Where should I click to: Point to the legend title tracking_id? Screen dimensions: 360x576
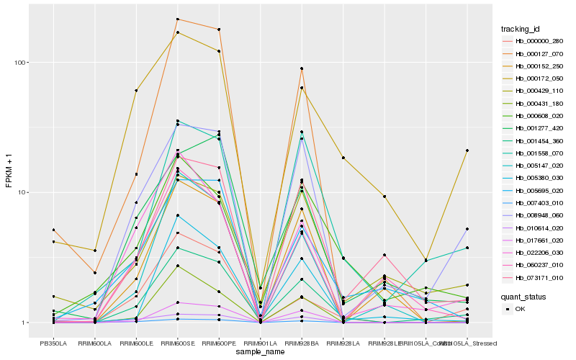coord(521,29)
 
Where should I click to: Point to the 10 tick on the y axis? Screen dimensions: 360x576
coord(21,193)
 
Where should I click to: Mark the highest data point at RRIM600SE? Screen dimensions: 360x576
coord(177,19)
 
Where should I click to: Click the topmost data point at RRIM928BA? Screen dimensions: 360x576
coord(302,68)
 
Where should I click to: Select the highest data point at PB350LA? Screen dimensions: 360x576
coord(53,230)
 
